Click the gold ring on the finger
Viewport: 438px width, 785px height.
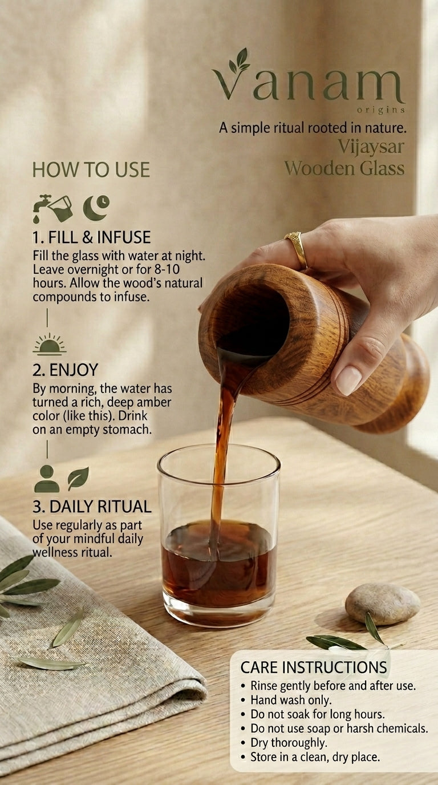[298, 249]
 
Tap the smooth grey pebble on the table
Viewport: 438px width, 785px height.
[383, 604]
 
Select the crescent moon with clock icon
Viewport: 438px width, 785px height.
[96, 208]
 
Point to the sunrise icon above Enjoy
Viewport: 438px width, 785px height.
[50, 343]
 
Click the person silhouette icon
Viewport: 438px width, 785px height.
[47, 479]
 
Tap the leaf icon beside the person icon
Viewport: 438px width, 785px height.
[78, 478]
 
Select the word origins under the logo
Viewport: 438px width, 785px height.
[381, 110]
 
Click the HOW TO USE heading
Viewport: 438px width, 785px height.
[91, 170]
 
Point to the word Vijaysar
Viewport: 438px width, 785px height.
[371, 147]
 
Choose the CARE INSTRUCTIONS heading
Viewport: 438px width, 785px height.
[314, 667]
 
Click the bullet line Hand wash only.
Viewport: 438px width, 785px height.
[290, 700]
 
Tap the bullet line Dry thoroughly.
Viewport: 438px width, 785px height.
[289, 743]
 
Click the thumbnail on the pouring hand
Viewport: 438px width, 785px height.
[348, 380]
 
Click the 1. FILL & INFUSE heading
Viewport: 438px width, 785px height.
[91, 237]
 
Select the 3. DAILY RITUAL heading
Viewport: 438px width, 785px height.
[92, 507]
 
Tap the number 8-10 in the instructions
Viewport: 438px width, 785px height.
[167, 269]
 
